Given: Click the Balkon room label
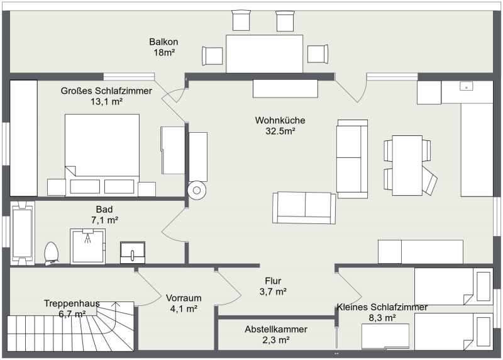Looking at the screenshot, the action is [163, 42].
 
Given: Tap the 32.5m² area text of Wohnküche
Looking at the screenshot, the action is [280, 131].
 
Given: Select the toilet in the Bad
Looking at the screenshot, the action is [52, 254].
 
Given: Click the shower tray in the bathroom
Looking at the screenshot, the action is [87, 246].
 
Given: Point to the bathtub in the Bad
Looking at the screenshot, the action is [22, 233].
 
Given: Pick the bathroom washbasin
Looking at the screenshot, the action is [133, 253].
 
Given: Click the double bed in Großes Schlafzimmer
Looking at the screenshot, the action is [102, 155].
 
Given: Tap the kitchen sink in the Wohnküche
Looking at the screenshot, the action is [466, 86].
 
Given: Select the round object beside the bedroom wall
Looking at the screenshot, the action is [197, 191].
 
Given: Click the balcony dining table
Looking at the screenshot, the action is [264, 54].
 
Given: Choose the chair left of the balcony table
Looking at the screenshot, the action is [212, 56].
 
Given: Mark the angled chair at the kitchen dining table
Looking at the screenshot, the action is [429, 181].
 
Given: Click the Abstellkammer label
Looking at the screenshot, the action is [276, 329].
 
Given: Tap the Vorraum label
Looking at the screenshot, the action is [184, 298].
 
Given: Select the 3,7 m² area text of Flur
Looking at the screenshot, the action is [273, 291].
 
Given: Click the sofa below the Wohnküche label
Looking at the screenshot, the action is [304, 208].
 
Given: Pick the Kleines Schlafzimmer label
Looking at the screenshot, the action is [382, 307].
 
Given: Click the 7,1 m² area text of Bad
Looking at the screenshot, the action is [104, 220].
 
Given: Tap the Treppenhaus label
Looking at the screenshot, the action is [72, 303].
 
